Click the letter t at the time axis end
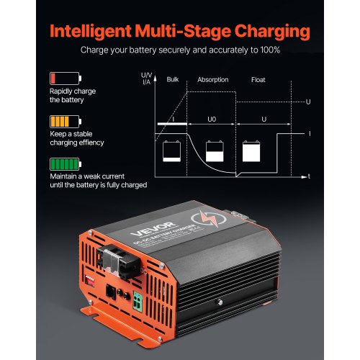click(308, 176)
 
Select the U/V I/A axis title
click(147, 78)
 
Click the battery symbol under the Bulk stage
click(172, 149)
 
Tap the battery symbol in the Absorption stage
click(214, 150)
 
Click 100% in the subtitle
click(268, 51)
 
